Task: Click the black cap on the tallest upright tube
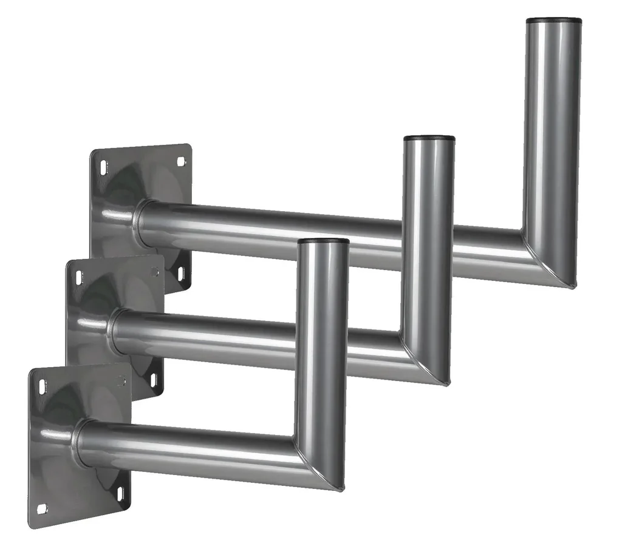pos(553,21)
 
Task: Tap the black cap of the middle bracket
pos(429,138)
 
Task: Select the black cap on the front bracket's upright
pos(324,241)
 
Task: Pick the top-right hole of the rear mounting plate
pos(180,161)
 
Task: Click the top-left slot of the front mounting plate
pos(41,386)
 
